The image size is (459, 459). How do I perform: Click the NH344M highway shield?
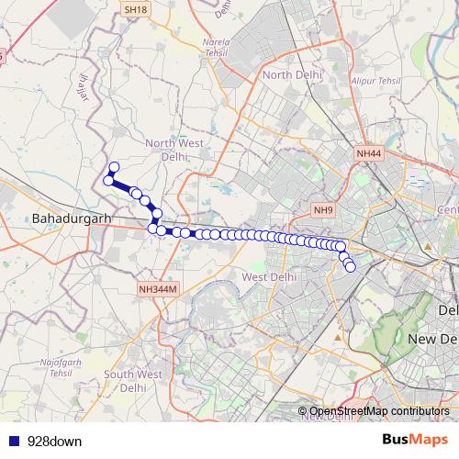[157, 290]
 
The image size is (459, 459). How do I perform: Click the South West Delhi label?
[133, 380]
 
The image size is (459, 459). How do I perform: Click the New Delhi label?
[432, 339]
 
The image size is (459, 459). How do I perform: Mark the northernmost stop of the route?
[114, 167]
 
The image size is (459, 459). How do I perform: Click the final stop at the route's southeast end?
[351, 266]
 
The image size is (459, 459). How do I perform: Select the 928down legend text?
[54, 441]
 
